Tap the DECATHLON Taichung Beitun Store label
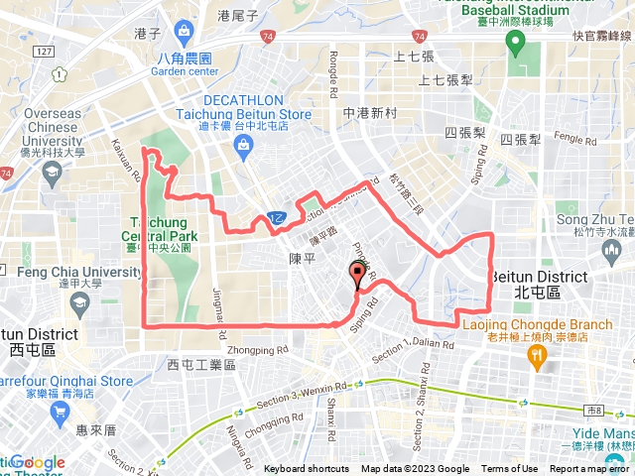tap(257, 108)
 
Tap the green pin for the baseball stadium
tap(515, 43)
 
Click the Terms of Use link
tap(509, 469)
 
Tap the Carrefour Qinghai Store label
tap(66, 381)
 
